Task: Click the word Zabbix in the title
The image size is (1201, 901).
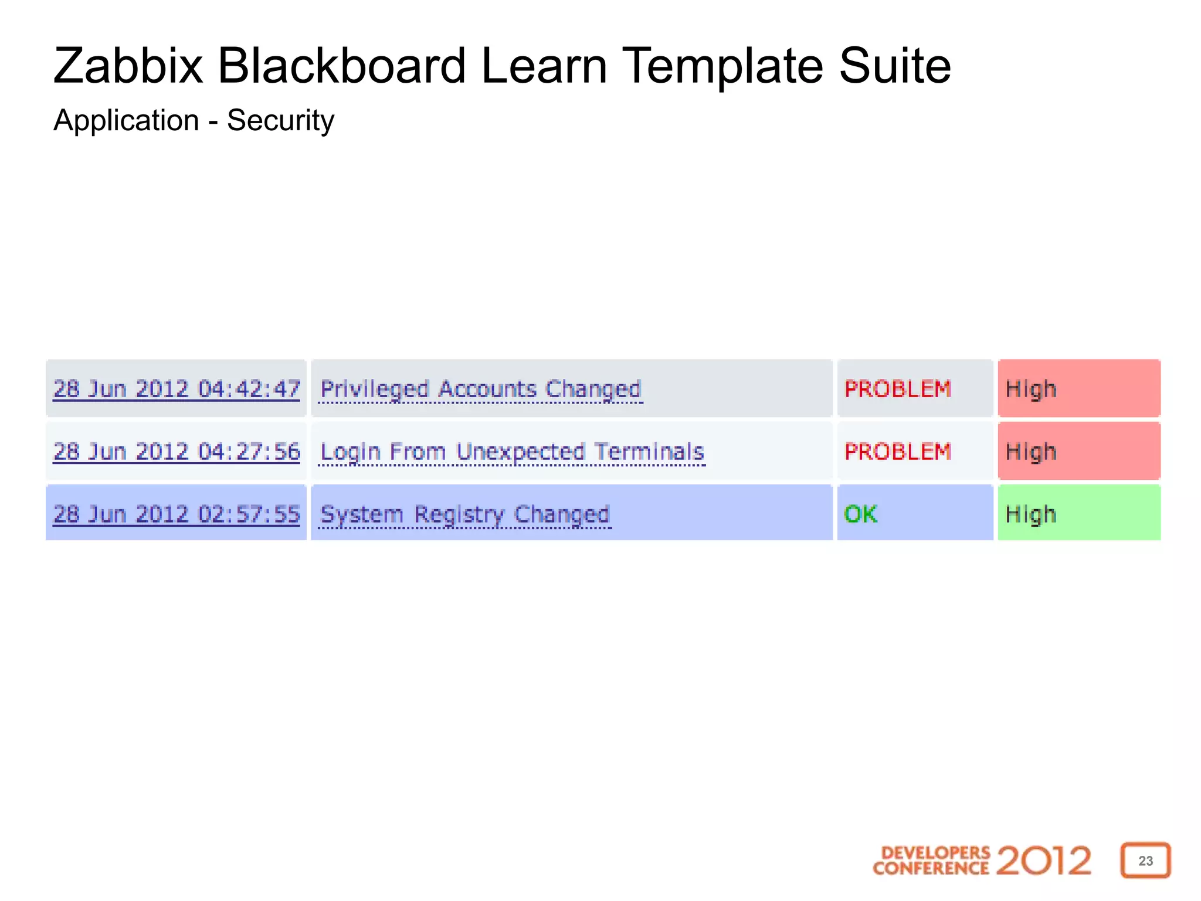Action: [x=128, y=66]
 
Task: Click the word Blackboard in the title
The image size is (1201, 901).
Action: [x=342, y=66]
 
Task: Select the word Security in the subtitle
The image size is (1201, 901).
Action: [x=280, y=121]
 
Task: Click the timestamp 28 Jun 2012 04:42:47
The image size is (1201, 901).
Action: [x=177, y=389]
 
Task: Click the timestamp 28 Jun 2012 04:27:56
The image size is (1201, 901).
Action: [x=177, y=452]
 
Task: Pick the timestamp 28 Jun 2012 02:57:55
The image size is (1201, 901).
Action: [x=177, y=514]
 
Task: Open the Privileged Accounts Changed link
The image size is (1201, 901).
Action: [x=481, y=389]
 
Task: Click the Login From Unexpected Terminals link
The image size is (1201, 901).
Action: [x=512, y=452]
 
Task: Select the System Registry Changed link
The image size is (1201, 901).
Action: [x=465, y=514]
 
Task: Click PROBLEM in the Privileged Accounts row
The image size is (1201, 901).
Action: [x=897, y=389]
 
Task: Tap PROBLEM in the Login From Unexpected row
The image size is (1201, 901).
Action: [x=897, y=452]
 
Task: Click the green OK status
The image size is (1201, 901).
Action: [x=860, y=514]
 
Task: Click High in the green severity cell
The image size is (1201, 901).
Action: [x=1031, y=514]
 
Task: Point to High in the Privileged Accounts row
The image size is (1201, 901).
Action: [x=1031, y=389]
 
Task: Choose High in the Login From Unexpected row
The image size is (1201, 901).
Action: [x=1031, y=452]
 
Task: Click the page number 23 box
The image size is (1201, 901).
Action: [x=1145, y=861]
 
